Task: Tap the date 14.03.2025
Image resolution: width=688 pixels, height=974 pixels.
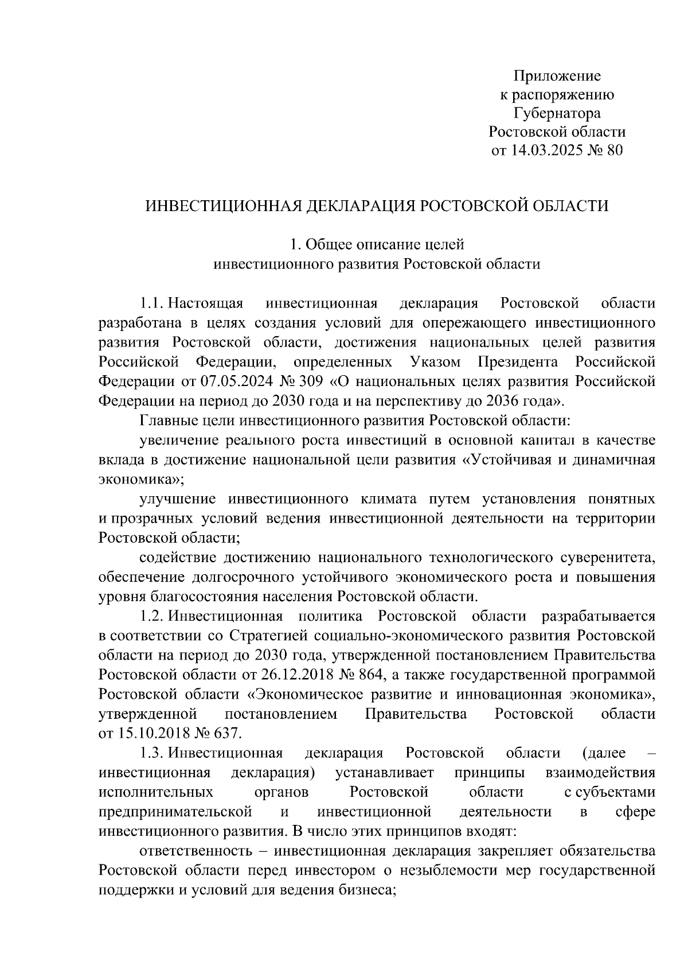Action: (541, 151)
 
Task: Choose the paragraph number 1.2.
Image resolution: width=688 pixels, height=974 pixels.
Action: (153, 616)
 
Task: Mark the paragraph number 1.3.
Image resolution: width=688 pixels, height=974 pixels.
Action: (153, 753)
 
